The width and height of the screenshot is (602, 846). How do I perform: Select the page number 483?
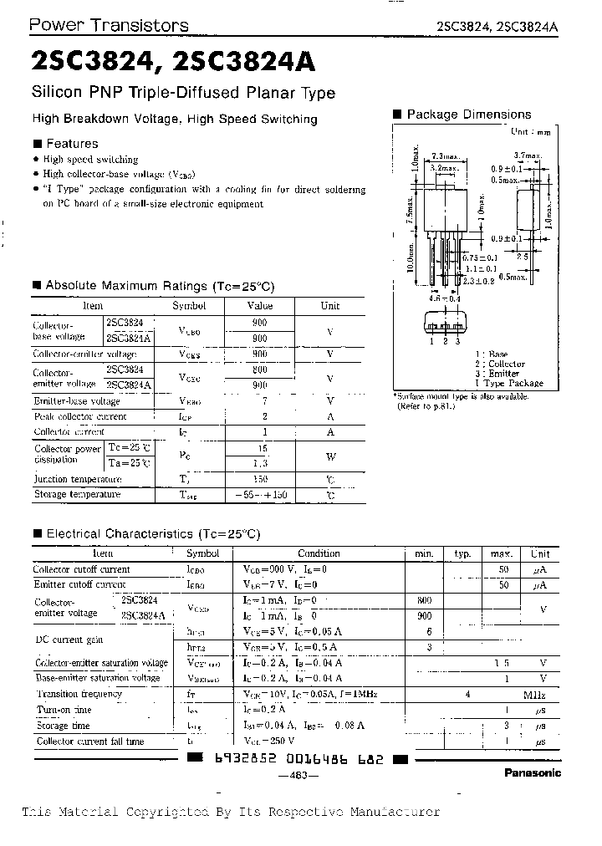coord(298,775)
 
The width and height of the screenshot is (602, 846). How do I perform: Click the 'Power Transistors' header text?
coord(109,25)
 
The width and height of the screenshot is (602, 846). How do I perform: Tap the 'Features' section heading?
coord(72,143)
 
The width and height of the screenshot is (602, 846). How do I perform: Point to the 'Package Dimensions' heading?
coord(468,115)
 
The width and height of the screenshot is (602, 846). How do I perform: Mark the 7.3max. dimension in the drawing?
coord(444,156)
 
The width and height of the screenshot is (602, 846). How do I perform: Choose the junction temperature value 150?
coord(261,480)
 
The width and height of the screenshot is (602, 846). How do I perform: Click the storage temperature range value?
coord(261,495)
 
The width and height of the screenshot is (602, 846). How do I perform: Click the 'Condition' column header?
coord(319,553)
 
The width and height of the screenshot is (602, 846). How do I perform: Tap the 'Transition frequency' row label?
coord(79,694)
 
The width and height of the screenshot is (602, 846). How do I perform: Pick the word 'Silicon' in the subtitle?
coord(55,93)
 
